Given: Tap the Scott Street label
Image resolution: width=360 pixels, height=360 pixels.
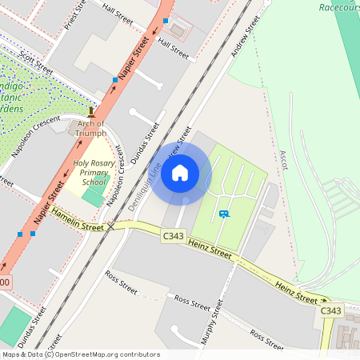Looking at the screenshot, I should click(x=37, y=65).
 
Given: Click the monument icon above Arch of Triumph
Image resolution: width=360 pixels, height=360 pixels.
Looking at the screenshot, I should click(x=91, y=114).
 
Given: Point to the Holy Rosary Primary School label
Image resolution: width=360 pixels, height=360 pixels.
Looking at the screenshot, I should click(x=90, y=173).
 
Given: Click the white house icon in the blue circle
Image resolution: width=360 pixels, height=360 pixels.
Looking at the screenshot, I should click(x=180, y=173).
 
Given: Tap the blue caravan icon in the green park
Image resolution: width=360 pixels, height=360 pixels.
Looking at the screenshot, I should click(x=224, y=214).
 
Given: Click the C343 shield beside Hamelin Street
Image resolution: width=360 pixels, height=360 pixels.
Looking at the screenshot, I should click(x=173, y=236).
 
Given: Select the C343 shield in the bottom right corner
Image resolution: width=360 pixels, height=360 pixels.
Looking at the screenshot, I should click(x=330, y=310).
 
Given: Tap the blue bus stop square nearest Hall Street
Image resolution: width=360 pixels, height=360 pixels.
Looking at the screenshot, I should click(x=166, y=20).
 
